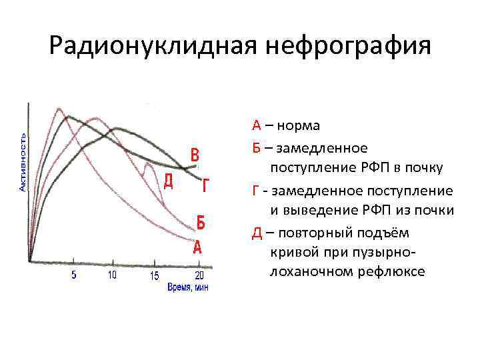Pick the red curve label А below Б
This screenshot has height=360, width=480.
click(x=197, y=248)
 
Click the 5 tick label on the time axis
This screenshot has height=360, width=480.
click(x=73, y=275)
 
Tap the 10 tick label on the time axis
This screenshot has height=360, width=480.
click(x=111, y=275)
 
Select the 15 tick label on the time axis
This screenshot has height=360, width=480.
click(x=155, y=275)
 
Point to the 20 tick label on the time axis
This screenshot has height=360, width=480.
click(x=199, y=275)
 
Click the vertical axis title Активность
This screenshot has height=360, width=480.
click(x=22, y=162)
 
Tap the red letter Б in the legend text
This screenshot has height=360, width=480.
click(x=256, y=147)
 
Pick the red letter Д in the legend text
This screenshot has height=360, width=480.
click(x=257, y=233)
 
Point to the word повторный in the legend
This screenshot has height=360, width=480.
click(x=312, y=233)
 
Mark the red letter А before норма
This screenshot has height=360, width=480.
click(x=256, y=126)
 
